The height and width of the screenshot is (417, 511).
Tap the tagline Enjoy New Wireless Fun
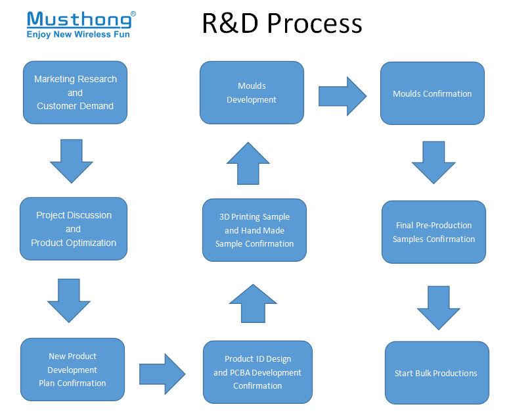78,34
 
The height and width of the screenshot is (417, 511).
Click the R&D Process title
282,24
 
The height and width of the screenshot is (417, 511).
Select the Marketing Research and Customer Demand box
75,93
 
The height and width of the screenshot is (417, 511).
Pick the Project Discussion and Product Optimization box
73,229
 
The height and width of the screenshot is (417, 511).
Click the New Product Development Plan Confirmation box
72,370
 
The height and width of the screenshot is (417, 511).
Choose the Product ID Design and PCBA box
257,372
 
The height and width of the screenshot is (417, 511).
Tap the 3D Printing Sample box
254,230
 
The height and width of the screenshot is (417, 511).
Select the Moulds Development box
252,93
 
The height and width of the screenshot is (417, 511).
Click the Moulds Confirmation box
432,93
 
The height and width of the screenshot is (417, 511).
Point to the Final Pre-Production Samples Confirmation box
433,232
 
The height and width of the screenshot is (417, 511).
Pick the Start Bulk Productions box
436,373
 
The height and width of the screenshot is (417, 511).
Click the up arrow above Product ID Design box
253,303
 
